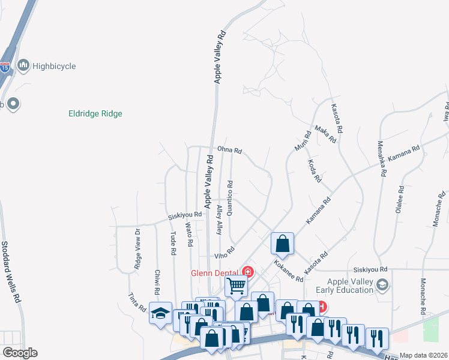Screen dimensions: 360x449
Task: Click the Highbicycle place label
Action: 54,66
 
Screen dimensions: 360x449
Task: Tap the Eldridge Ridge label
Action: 95,113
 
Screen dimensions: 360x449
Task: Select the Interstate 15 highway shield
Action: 5,67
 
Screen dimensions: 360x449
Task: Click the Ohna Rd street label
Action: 229,151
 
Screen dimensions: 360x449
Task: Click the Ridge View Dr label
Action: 137,248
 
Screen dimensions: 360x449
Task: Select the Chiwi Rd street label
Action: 157,282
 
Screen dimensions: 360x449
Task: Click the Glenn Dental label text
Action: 213,272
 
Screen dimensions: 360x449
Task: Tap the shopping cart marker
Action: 237,286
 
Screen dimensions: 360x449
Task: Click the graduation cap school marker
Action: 160,313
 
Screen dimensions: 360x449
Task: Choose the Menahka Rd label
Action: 381,159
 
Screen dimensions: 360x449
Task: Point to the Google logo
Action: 20,353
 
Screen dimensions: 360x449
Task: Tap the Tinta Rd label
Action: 137,302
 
